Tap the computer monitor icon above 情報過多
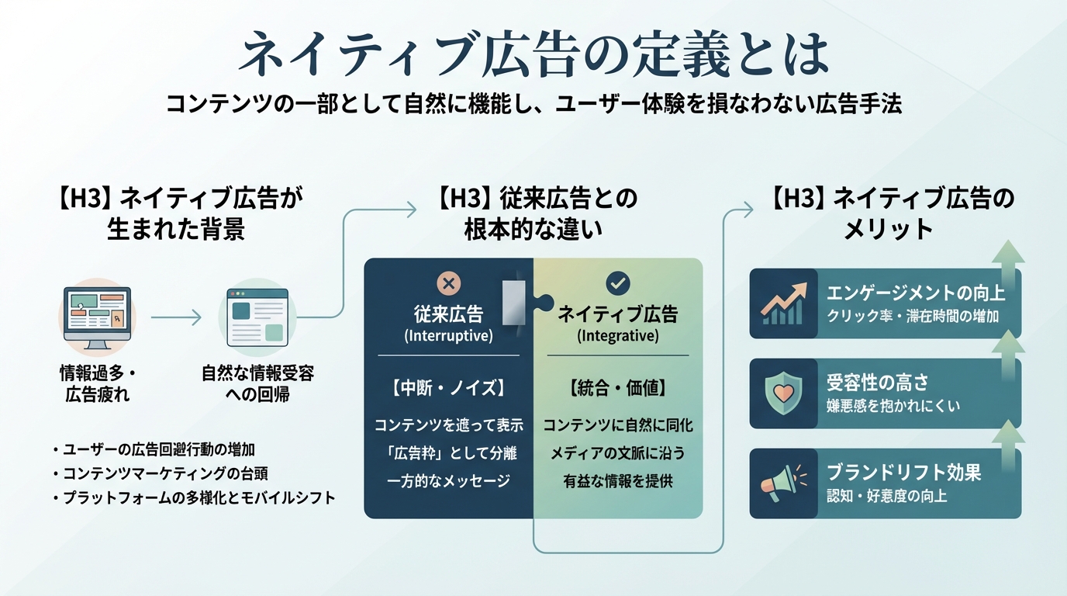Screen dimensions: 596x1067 97,317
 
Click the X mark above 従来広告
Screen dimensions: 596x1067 448,282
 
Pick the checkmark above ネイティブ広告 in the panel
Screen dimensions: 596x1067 618,282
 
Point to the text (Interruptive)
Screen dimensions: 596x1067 448,337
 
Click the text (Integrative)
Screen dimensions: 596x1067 618,337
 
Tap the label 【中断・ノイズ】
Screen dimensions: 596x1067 448,386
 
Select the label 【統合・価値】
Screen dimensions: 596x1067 618,386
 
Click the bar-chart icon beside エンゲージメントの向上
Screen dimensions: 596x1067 783,303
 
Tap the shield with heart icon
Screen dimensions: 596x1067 783,393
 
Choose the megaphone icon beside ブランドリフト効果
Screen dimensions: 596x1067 783,483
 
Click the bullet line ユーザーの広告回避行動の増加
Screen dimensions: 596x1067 159,449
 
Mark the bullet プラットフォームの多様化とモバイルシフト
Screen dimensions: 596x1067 199,497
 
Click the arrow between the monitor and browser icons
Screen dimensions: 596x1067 176,317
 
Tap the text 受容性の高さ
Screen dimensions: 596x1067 878,383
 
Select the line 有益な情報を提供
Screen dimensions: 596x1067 618,481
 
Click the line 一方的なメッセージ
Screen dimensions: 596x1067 448,481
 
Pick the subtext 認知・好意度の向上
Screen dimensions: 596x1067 887,496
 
